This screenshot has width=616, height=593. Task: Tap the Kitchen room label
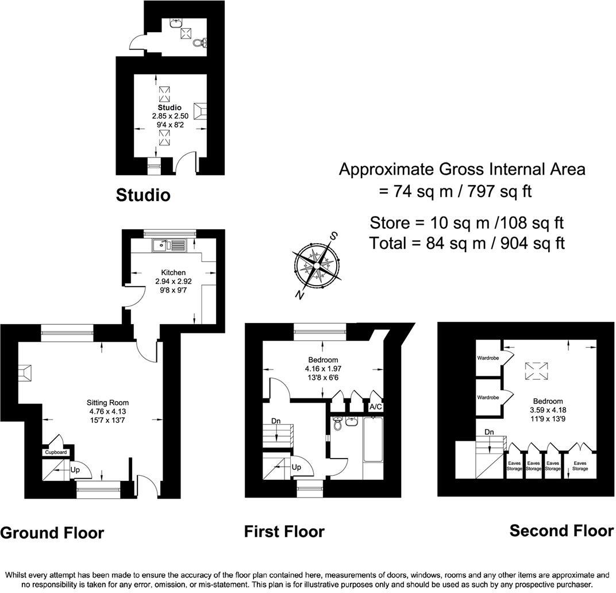pos(173,272)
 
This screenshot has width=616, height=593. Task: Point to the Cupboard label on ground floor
pos(56,452)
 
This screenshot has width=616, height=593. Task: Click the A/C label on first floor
pos(376,406)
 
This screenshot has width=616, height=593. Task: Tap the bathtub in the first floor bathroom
pos(374,440)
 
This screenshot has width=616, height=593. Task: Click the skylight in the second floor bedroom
pos(536,369)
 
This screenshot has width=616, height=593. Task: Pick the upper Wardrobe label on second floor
pos(487,358)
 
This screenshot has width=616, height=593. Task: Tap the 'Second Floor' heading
pos(561,530)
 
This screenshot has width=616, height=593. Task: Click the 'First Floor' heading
pos(284,532)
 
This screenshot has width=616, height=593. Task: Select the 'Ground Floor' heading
pos(52,533)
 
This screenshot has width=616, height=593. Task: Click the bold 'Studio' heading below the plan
pos(143,195)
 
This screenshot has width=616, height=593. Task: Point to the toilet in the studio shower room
pos(199,43)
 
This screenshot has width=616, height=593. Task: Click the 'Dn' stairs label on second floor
pos(489,432)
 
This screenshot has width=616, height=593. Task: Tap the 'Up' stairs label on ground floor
pos(75,470)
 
